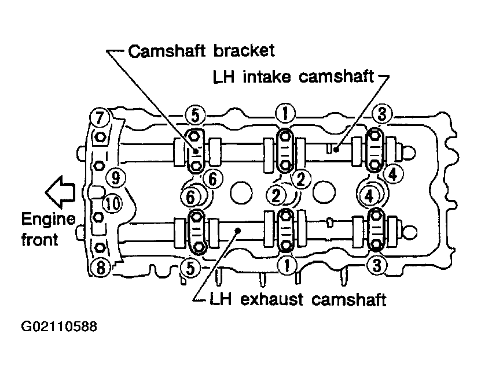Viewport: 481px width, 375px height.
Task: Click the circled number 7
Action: tap(100, 117)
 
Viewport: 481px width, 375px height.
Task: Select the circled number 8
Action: tap(101, 268)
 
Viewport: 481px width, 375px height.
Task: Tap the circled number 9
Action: tap(116, 177)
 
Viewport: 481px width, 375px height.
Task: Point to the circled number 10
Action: tap(112, 203)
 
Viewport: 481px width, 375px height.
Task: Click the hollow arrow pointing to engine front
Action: tap(60, 192)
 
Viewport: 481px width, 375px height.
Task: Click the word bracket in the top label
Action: tap(244, 51)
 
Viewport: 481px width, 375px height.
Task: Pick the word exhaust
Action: tap(271, 299)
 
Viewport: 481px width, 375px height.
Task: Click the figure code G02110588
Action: tap(59, 326)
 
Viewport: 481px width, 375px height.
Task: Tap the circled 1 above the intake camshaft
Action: tap(285, 113)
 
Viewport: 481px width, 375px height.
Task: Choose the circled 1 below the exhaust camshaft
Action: tap(287, 265)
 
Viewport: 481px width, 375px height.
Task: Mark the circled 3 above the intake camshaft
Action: tap(382, 114)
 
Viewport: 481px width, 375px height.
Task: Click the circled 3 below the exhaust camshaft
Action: tap(377, 265)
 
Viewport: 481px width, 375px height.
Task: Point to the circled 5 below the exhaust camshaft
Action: tap(190, 268)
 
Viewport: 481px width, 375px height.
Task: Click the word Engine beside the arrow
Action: tap(49, 220)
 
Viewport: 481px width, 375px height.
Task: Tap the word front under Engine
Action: tap(40, 239)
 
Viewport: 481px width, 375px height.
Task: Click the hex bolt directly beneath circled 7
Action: tap(100, 136)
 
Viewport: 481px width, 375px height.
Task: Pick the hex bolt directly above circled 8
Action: tap(100, 247)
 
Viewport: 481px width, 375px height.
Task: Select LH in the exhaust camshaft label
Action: tap(221, 299)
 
